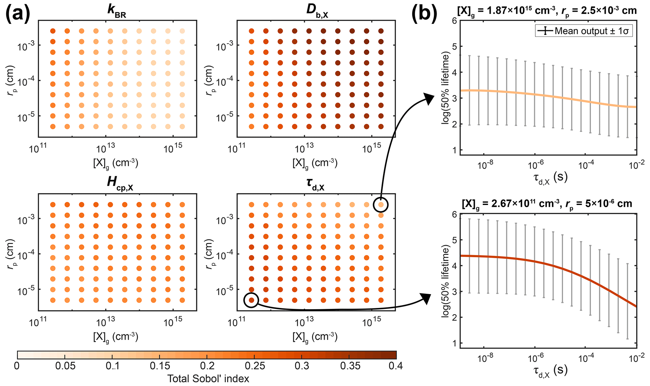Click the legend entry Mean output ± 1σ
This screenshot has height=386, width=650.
click(584, 31)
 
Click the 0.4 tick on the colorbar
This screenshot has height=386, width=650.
click(396, 366)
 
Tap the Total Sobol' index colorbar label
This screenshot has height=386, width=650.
click(208, 378)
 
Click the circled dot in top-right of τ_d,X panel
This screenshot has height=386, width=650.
click(381, 205)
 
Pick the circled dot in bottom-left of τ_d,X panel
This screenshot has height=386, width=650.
click(251, 300)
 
